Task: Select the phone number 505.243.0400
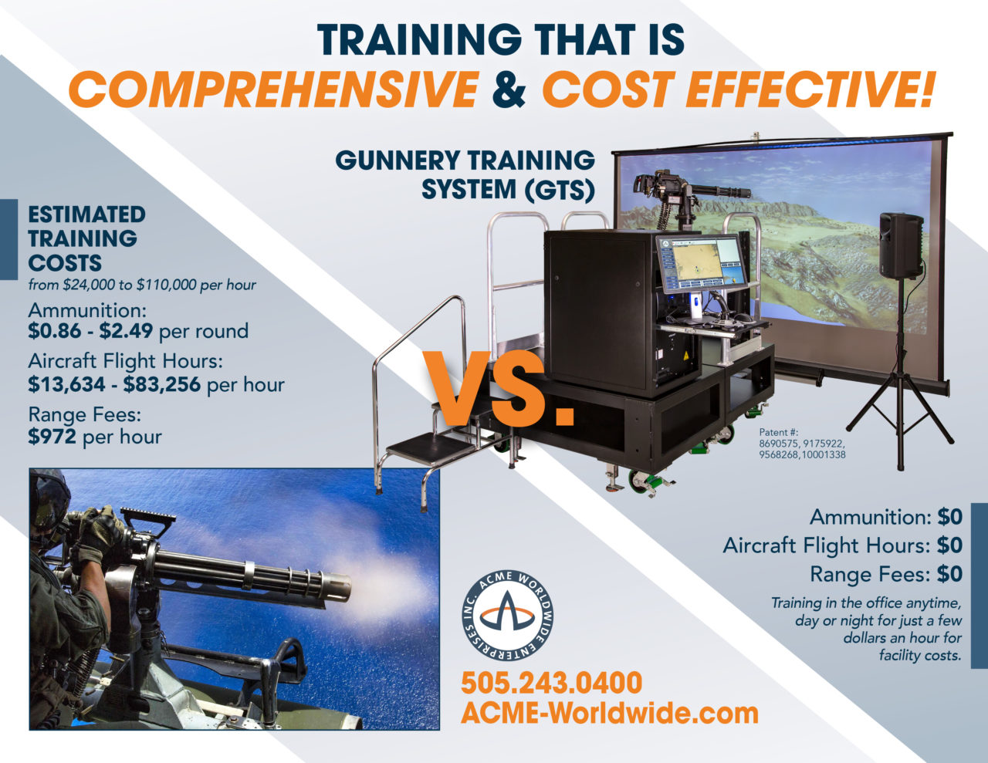(551, 683)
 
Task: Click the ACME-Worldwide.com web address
(609, 713)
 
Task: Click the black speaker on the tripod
(901, 245)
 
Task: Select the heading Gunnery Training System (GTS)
(465, 174)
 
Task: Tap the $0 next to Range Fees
(949, 574)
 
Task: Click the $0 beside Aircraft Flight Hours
(949, 545)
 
